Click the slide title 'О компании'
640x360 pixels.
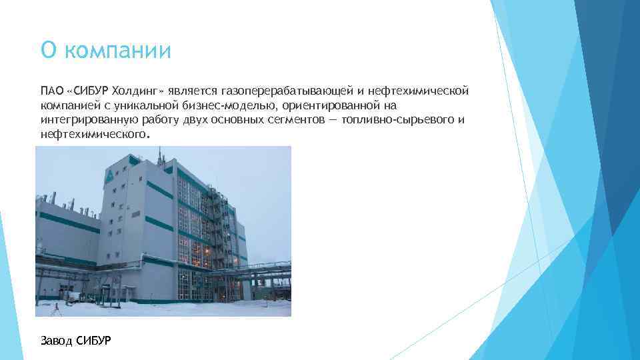point(106,50)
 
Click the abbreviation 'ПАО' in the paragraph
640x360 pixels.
point(51,90)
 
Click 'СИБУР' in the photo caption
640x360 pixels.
point(94,341)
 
